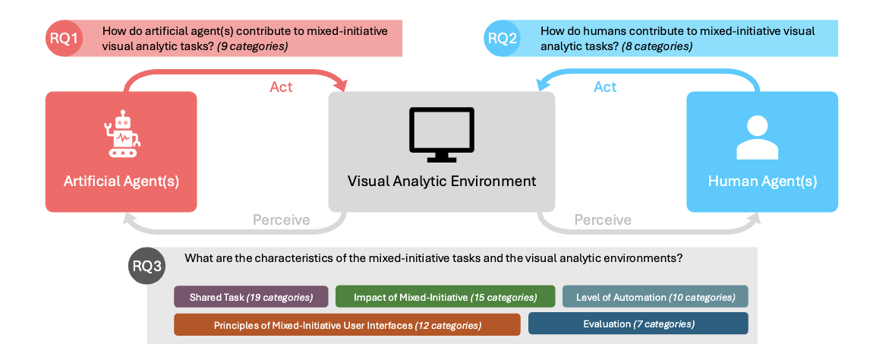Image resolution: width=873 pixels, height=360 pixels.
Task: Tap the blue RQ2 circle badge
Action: [x=503, y=39]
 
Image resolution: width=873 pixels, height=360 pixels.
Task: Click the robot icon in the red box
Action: [x=121, y=135]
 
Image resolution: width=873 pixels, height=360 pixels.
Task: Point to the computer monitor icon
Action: [x=441, y=134]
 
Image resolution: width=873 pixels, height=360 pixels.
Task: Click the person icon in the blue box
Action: [x=761, y=137]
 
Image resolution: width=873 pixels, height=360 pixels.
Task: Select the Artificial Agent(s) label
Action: [x=121, y=182]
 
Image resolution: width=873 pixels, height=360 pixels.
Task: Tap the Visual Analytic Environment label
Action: [x=441, y=182]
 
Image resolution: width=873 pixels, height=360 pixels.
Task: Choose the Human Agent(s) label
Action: [x=761, y=182]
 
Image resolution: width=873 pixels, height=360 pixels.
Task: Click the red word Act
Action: [x=281, y=87]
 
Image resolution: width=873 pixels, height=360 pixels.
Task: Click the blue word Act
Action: [x=604, y=87]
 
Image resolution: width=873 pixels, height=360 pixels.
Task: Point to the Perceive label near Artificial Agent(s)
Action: [x=281, y=220]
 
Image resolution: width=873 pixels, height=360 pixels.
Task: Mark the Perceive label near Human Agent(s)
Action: [x=603, y=220]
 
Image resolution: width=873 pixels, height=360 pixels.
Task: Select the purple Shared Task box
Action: [x=251, y=297]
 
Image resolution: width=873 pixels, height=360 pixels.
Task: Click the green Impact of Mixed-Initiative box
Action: [x=445, y=297]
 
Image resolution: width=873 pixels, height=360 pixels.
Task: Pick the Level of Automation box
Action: [x=655, y=297]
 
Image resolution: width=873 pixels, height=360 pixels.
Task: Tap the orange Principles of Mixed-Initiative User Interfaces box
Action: [x=347, y=324]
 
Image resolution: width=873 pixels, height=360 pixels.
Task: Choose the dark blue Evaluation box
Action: [x=638, y=324]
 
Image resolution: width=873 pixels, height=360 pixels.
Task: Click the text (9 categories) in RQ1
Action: [x=252, y=46]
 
